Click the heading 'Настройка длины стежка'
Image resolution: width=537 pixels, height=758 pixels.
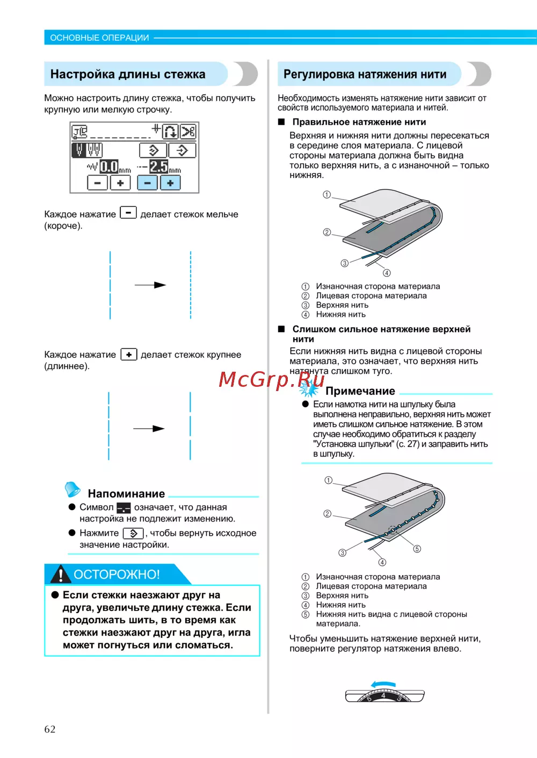pyautogui.click(x=128, y=75)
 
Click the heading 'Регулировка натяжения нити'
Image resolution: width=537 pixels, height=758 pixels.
pyautogui.click(x=365, y=75)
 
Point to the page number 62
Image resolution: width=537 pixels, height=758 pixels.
pyautogui.click(x=50, y=729)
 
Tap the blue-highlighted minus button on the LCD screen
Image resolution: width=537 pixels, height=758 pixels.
pyautogui.click(x=147, y=183)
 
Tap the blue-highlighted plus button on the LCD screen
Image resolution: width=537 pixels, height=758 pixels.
pyautogui.click(x=170, y=183)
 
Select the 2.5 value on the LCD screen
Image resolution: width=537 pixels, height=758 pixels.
pyautogui.click(x=159, y=166)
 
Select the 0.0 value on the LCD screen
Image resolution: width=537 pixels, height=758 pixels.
pyautogui.click(x=109, y=166)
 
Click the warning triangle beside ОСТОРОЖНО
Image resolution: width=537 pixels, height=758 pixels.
pyautogui.click(x=61, y=574)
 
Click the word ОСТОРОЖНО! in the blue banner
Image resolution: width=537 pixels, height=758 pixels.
pyautogui.click(x=117, y=575)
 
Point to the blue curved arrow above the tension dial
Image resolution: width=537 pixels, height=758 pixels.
pyautogui.click(x=383, y=684)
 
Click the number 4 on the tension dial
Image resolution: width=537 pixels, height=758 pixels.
pyautogui.click(x=383, y=696)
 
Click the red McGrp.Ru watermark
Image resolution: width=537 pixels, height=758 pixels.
pyautogui.click(x=271, y=380)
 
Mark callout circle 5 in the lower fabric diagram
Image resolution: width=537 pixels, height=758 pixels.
pyautogui.click(x=417, y=549)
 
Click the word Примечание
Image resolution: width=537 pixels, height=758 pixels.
pyautogui.click(x=360, y=391)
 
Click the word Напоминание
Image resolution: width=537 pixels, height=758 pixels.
pyautogui.click(x=126, y=494)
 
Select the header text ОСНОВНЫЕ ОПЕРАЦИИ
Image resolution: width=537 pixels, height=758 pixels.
pyautogui.click(x=99, y=38)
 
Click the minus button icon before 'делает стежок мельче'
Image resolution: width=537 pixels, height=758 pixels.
pyautogui.click(x=128, y=213)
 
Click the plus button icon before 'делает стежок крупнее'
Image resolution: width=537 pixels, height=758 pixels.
pyautogui.click(x=129, y=355)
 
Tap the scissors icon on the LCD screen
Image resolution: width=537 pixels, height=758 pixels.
pyautogui.click(x=188, y=131)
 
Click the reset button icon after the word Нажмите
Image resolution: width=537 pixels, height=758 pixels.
pyautogui.click(x=133, y=533)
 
